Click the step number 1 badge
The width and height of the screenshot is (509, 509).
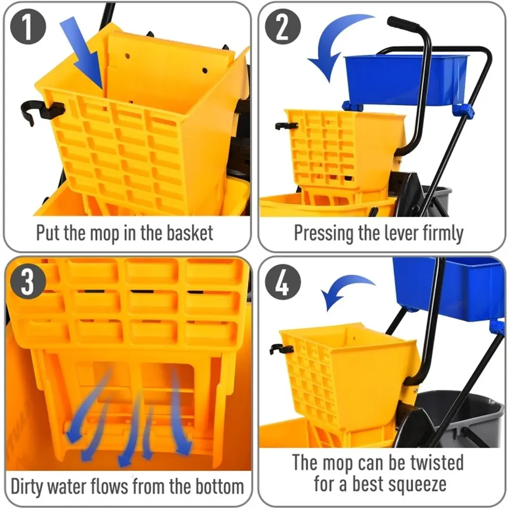(28, 27)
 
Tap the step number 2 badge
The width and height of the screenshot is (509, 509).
(283, 27)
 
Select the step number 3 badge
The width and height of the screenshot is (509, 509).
(28, 281)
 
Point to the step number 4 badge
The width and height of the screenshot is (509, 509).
(283, 281)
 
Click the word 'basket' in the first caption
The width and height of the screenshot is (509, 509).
(190, 233)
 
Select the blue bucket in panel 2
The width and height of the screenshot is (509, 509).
(406, 80)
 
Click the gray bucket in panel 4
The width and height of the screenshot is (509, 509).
(461, 419)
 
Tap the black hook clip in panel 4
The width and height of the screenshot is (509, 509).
(281, 349)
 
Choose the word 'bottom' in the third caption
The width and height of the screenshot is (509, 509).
(220, 487)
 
